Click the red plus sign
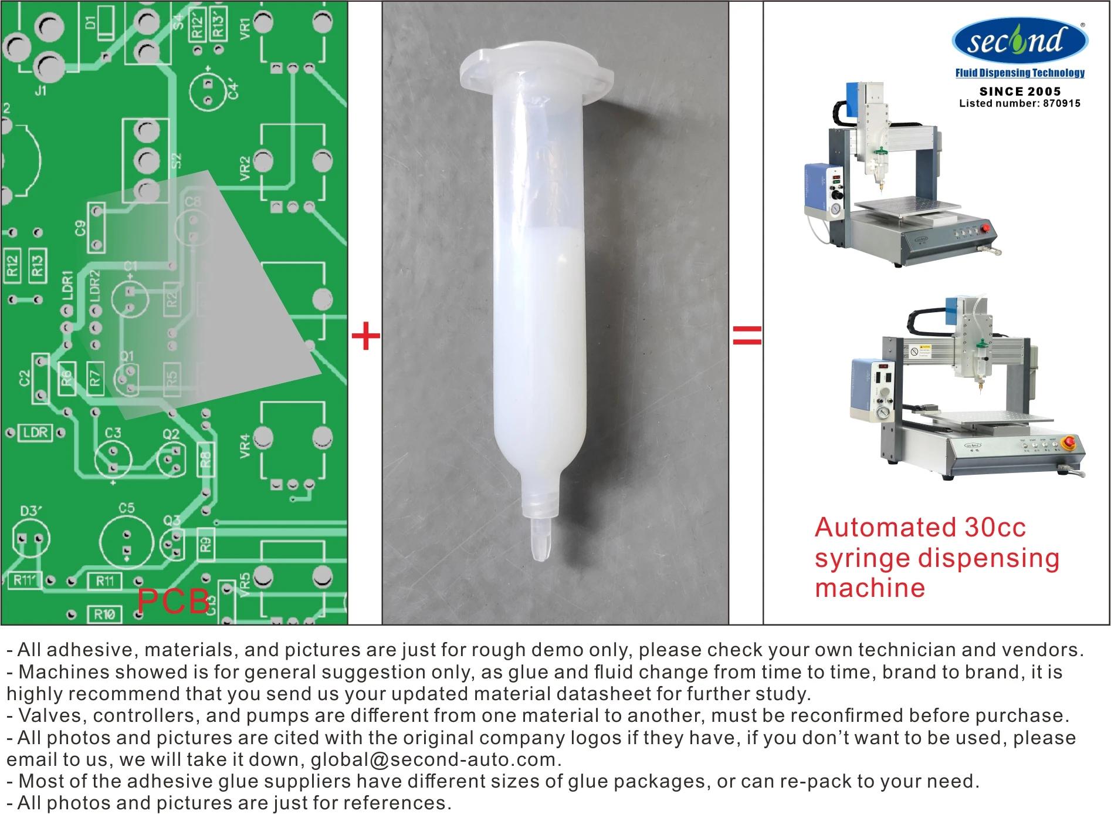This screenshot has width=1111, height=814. tap(365, 336)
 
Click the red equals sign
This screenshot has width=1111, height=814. tap(747, 336)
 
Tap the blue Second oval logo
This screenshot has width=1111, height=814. tap(1019, 40)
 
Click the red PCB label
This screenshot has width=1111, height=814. tap(174, 602)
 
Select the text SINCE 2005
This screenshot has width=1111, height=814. tap(1020, 92)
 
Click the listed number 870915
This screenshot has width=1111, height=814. tap(1061, 104)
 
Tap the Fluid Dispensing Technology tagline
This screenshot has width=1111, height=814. tap(1019, 73)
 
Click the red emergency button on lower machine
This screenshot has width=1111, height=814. tap(1069, 441)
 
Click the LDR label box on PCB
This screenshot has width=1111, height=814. tap(35, 433)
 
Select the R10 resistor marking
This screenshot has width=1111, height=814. tap(105, 614)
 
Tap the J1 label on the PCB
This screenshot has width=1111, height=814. tap(40, 91)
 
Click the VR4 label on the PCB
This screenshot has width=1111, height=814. tap(245, 446)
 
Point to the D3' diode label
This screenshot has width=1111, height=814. tap(31, 511)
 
